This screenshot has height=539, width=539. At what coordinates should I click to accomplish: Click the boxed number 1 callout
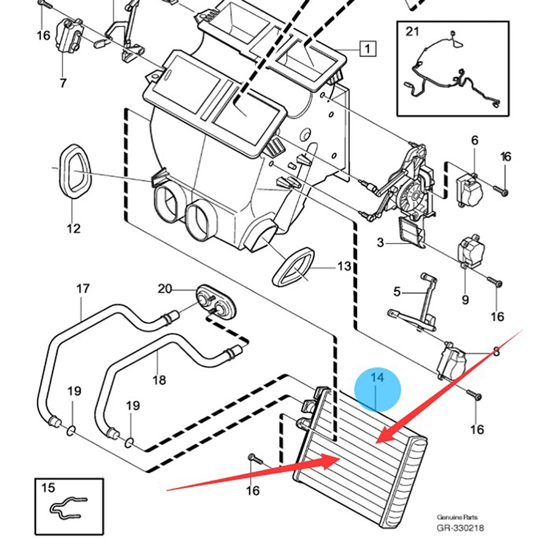(x=368, y=49)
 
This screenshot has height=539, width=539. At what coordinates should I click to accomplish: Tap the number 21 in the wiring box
(x=412, y=31)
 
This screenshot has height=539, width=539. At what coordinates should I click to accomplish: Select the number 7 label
(x=63, y=83)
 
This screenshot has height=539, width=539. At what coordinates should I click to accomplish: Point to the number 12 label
(x=73, y=228)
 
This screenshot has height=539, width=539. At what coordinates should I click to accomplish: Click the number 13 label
(x=344, y=266)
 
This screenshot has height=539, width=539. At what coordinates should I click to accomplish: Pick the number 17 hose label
(x=82, y=288)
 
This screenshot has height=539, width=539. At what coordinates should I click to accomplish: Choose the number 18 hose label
(x=159, y=380)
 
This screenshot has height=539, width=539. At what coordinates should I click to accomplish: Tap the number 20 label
(x=164, y=288)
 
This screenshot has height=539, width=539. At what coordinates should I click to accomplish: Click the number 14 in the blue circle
(x=377, y=377)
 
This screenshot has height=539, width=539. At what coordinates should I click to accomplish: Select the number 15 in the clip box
(x=48, y=487)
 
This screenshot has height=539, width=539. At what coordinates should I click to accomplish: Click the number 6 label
(x=475, y=140)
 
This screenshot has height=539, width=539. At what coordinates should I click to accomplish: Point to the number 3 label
(x=380, y=243)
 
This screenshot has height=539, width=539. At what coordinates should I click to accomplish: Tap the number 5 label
(x=397, y=292)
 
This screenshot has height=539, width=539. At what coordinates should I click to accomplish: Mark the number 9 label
(x=465, y=300)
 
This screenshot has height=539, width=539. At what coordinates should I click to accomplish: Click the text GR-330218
(x=460, y=528)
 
